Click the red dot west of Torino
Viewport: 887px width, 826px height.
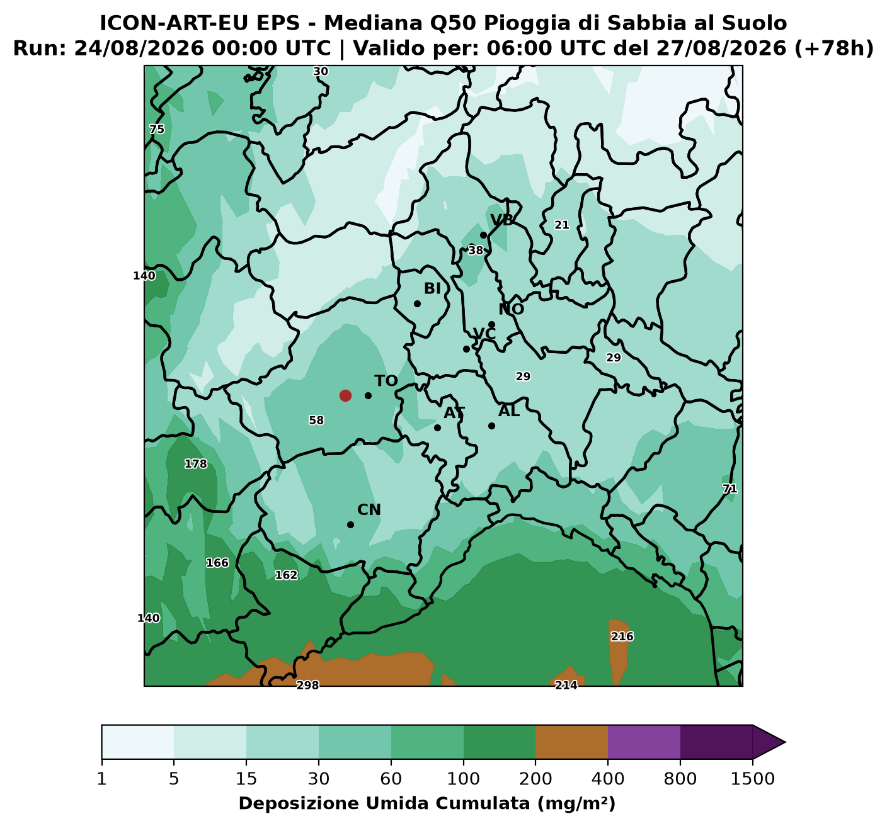(x=345, y=395)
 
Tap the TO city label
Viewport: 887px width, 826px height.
(x=386, y=381)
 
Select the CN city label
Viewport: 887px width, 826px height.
(x=369, y=509)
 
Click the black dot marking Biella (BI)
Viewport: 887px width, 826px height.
(x=417, y=303)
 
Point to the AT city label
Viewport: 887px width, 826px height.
(x=454, y=413)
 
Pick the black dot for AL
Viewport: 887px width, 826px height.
(x=491, y=426)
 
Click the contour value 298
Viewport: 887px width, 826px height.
(x=307, y=684)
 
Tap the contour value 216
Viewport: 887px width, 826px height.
(x=622, y=636)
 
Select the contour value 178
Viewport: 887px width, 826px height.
(x=196, y=464)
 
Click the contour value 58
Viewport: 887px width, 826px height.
(x=316, y=420)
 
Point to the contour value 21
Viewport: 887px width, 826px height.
(x=562, y=225)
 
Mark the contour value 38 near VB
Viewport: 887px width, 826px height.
(x=476, y=251)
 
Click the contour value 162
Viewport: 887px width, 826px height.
(x=286, y=575)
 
